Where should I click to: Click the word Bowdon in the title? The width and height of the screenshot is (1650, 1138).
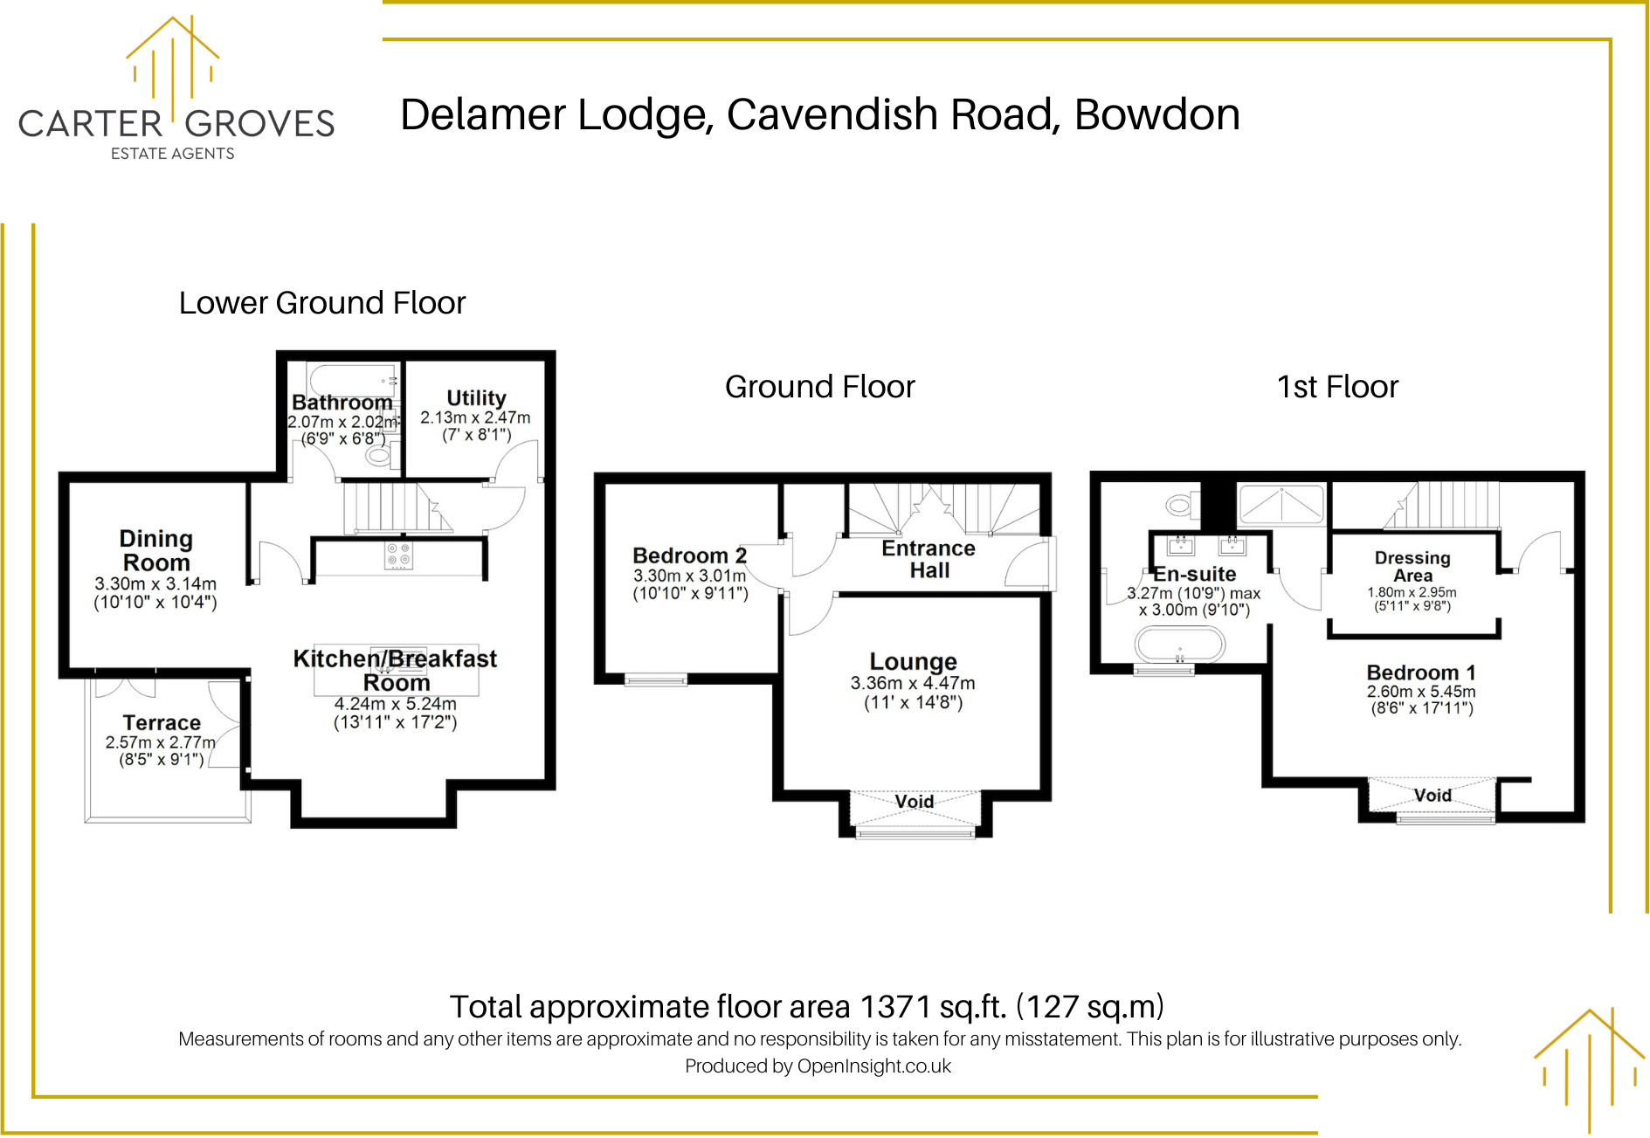[x=1156, y=115]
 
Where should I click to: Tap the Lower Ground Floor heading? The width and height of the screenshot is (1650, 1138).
[x=321, y=303]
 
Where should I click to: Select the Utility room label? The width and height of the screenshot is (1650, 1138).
[x=476, y=398]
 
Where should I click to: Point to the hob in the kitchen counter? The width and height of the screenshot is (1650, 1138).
[x=399, y=555]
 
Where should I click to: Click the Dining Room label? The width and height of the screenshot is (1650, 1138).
[x=156, y=550]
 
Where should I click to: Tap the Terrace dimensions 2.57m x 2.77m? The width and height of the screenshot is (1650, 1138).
[x=160, y=742]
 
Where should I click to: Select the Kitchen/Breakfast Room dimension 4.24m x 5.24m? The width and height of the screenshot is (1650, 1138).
[x=395, y=704]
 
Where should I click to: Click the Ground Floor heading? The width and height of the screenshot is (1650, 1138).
[x=819, y=387]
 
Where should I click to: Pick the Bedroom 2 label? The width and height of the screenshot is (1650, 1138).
[x=689, y=555]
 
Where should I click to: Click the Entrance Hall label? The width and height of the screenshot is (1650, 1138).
[x=929, y=559]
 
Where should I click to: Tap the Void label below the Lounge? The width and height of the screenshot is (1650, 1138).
[x=914, y=802]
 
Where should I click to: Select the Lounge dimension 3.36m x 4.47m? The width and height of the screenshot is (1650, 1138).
[x=913, y=683]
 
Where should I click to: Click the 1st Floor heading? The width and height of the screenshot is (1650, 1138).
[x=1337, y=387]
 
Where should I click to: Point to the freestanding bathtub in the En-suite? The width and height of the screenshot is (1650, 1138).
[x=1179, y=645]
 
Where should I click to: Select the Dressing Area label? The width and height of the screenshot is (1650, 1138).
[x=1412, y=566]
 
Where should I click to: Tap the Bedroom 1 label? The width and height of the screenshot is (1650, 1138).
[x=1421, y=672]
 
